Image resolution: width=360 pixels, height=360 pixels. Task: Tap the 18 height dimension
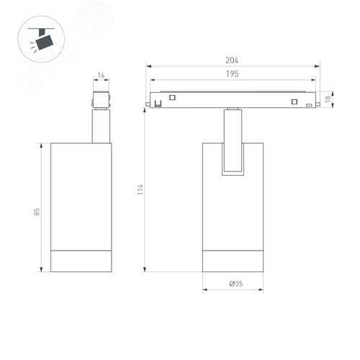pos(328,99)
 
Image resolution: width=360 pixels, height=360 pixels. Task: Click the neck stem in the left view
pos(100,125)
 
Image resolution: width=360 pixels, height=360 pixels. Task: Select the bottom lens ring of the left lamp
pos(81,261)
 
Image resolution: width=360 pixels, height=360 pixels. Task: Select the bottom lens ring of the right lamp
pos(233,261)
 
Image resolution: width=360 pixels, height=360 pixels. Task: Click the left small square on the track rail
pos(172,97)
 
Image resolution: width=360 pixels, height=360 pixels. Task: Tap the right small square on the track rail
pos(294,100)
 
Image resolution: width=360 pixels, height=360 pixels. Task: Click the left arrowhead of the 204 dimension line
pos(150,67)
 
